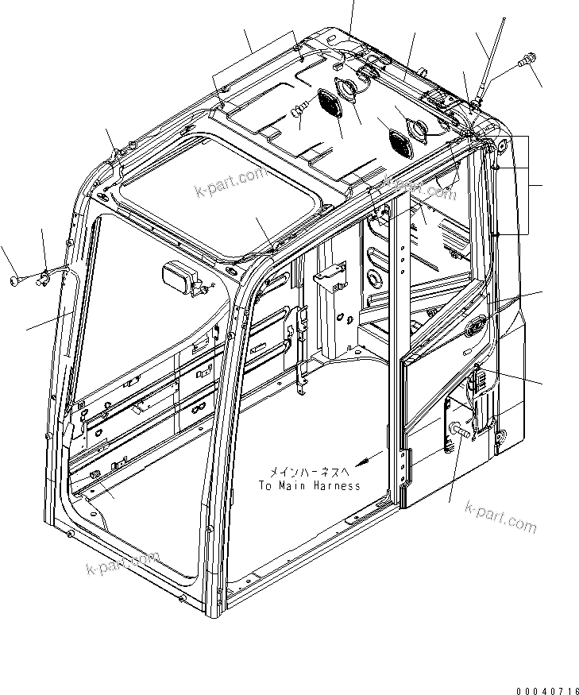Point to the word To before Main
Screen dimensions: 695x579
[265, 485]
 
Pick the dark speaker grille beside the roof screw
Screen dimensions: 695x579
[328, 105]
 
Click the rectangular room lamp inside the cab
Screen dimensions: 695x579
[180, 279]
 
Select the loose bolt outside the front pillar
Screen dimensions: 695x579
[18, 280]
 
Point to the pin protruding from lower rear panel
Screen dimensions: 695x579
[460, 431]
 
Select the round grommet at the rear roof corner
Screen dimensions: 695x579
[502, 145]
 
